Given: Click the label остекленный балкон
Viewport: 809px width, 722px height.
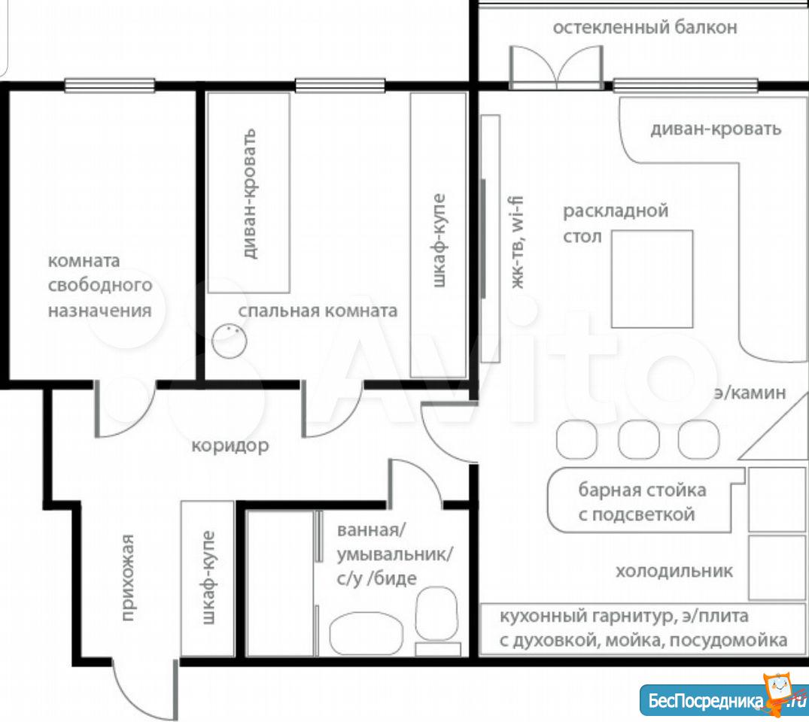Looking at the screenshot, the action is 645,27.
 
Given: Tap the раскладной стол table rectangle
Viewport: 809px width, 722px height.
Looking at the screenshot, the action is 652,279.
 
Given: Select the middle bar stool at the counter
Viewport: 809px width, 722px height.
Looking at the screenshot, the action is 638,439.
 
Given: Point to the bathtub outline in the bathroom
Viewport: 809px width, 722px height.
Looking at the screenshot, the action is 366,634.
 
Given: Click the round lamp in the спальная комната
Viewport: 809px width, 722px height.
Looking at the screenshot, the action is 229,341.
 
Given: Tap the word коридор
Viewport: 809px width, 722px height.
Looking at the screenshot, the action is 230,445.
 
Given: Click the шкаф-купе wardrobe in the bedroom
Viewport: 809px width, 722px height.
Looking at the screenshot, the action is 439,235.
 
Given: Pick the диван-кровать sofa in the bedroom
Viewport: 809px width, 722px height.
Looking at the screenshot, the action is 248,193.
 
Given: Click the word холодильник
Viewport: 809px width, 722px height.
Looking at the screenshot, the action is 674,571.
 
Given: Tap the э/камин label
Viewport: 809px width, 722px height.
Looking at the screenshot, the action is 750,393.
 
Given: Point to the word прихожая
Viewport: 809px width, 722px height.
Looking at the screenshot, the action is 128,577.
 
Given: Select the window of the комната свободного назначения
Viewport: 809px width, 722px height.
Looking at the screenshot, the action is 109,85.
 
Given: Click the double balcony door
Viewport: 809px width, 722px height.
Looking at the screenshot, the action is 556,66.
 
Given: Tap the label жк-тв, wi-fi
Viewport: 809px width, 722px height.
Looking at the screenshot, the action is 516,242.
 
